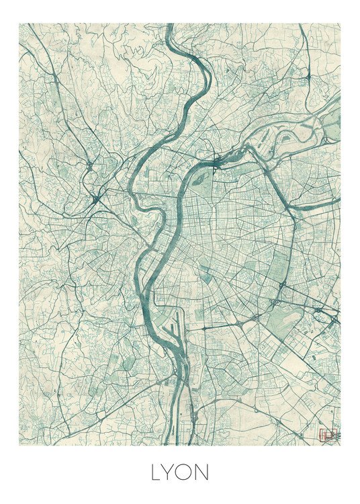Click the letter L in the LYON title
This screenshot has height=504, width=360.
click(156, 473)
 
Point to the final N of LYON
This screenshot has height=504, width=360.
click(207, 473)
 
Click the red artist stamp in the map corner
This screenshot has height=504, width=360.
click(327, 435)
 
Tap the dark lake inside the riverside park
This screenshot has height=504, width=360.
click(200, 178)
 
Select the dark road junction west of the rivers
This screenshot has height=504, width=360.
click(94, 198)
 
